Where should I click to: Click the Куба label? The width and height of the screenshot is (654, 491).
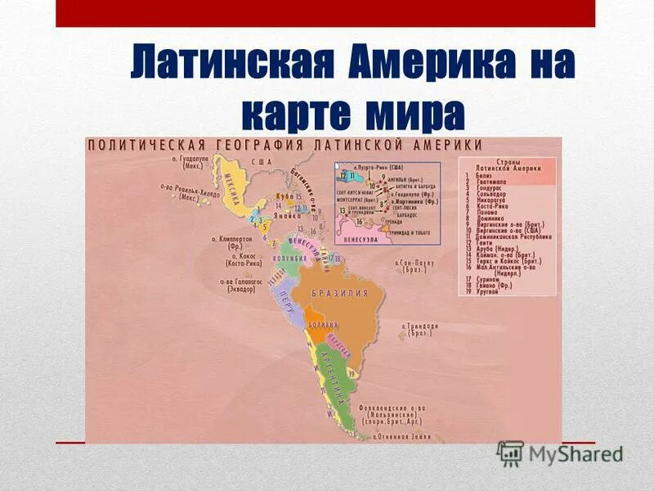point(284,196)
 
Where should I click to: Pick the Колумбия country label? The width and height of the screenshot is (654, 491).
point(288,257)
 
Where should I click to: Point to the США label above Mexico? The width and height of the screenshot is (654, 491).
point(262,162)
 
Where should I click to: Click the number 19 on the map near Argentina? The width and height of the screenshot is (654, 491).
point(352,372)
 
